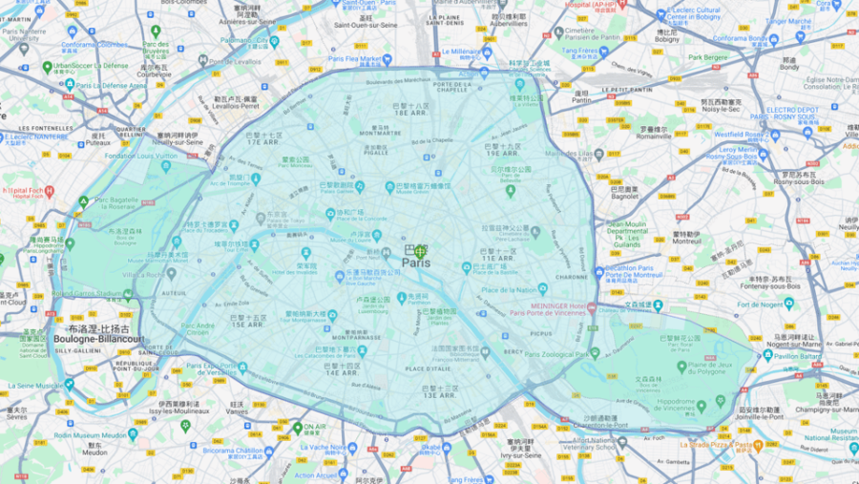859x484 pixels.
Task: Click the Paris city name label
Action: pyautogui.click(x=415, y=263)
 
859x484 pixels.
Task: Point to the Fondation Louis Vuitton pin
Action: pyautogui.click(x=166, y=166)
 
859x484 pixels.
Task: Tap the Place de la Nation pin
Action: pyautogui.click(x=543, y=288)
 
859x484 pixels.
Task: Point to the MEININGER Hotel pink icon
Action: pyautogui.click(x=592, y=307)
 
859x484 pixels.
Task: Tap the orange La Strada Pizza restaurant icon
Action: pyautogui.click(x=758, y=445)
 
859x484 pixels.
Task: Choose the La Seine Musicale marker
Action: pyautogui.click(x=69, y=385)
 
